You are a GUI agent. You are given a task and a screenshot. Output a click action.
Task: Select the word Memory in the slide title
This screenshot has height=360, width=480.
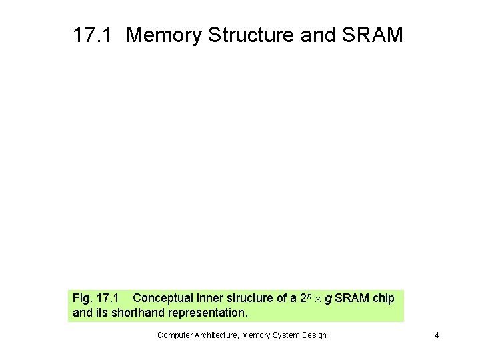point(164,35)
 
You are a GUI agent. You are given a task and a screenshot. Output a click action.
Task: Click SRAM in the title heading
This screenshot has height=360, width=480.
point(374,35)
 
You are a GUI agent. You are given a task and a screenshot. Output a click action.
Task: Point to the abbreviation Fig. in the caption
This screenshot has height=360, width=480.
point(82,298)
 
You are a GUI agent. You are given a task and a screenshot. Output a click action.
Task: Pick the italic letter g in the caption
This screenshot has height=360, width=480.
point(328,299)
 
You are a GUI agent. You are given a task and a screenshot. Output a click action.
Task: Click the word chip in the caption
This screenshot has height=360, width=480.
point(383,298)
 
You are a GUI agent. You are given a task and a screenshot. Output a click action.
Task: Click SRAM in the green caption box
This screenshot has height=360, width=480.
point(351,298)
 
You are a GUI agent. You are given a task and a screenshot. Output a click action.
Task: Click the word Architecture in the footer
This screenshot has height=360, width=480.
point(218,335)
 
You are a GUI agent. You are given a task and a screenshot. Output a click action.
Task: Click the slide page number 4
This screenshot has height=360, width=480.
point(437,335)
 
